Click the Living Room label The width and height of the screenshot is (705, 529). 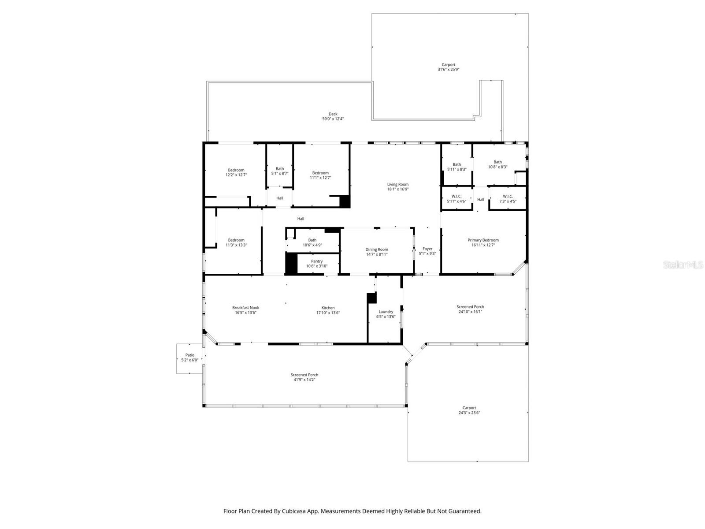397,185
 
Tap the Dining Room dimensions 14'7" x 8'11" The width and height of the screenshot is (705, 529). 377,254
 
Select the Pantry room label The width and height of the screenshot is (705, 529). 316,261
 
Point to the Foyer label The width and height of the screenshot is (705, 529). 427,249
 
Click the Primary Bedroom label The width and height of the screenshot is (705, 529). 483,240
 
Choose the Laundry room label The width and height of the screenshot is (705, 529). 386,312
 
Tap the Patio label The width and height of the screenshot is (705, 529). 189,355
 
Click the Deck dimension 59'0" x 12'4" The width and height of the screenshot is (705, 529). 333,119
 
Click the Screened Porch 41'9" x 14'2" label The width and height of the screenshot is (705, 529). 304,375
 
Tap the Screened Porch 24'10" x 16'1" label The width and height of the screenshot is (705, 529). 470,307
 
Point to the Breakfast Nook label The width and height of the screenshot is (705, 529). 245,308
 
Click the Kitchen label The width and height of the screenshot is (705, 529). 328,308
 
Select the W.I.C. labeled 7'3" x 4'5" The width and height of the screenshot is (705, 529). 508,197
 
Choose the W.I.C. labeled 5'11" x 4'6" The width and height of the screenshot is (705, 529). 456,197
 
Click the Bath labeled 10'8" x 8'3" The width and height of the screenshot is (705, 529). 497,162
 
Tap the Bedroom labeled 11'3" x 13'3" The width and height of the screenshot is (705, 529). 236,240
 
